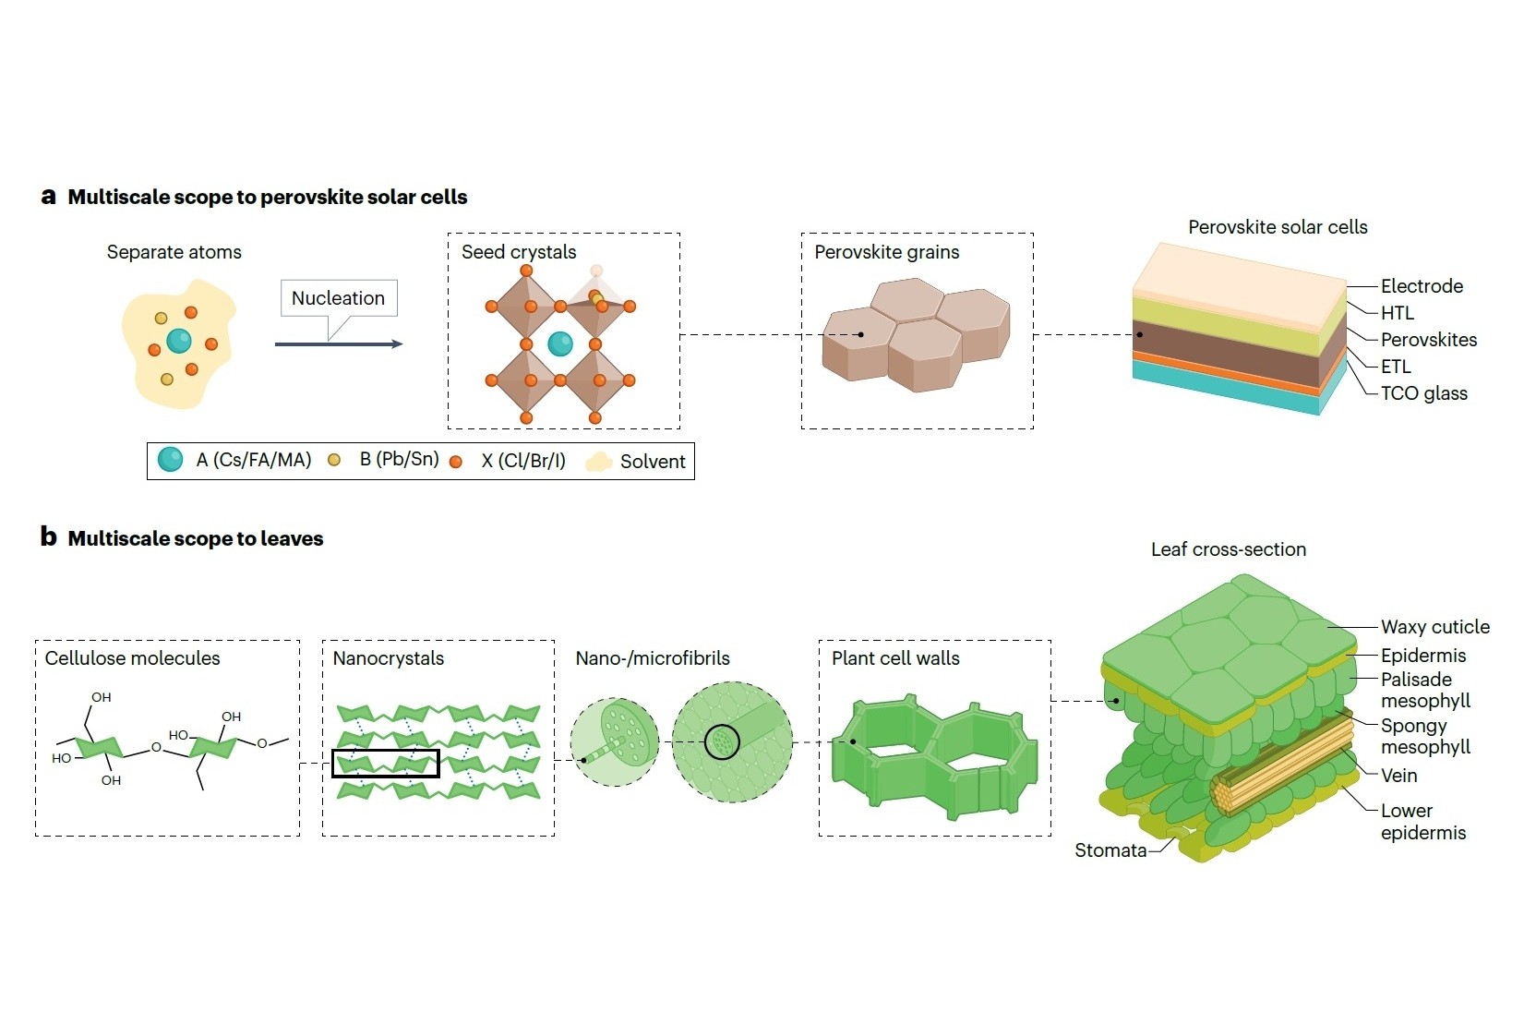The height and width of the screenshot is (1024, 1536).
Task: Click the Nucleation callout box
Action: click(339, 298)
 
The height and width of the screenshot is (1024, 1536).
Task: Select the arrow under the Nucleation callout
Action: click(338, 344)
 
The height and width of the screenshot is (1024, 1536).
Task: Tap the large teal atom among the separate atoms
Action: click(179, 341)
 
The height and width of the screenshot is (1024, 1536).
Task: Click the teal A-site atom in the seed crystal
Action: click(560, 344)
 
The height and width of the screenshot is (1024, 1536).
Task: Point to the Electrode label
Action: click(1422, 286)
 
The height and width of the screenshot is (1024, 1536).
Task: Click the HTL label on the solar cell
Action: click(1397, 313)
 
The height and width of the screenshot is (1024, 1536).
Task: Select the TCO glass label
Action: click(1423, 393)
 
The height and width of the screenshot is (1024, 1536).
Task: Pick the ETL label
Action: click(1396, 367)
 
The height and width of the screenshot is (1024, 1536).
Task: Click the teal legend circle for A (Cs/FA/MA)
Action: click(171, 460)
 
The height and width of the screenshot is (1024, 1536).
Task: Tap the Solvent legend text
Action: click(653, 462)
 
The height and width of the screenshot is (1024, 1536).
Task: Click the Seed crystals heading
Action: click(519, 252)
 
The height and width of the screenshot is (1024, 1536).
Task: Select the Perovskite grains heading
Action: click(886, 252)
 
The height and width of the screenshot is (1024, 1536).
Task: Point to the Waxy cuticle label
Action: click(1434, 627)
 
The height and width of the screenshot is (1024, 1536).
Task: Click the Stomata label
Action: click(1110, 850)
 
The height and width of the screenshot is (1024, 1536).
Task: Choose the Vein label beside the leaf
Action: click(1398, 776)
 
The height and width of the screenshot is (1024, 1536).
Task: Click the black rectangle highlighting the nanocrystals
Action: click(386, 764)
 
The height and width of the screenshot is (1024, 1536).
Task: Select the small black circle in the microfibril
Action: click(722, 741)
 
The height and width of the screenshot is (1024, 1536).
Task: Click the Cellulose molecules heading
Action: click(133, 658)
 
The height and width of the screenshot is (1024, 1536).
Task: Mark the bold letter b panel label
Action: click(48, 537)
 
